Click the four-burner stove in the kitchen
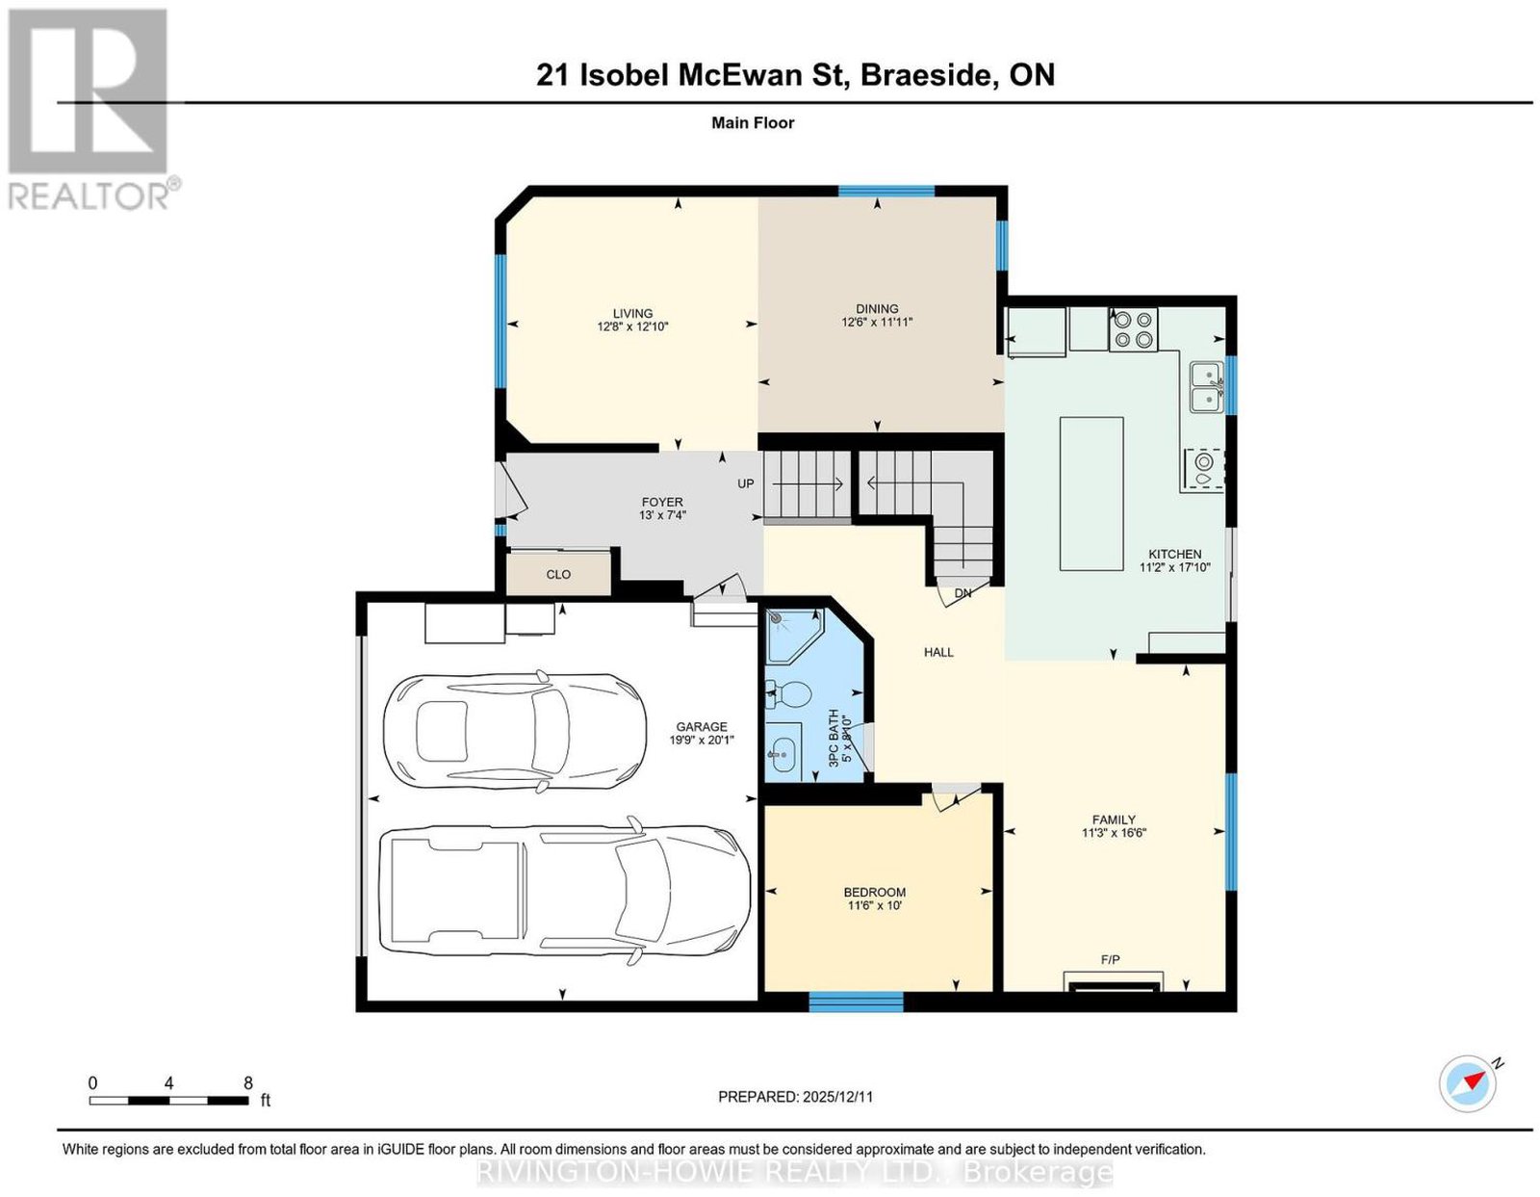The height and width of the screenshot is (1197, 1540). (x=1132, y=328)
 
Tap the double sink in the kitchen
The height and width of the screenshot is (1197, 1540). (x=1206, y=386)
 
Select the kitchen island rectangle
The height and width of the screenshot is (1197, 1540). (x=1091, y=493)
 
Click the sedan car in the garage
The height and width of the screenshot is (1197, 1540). (x=515, y=731)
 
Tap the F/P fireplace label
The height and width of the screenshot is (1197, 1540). (x=1111, y=959)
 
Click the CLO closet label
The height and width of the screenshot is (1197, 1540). (x=558, y=574)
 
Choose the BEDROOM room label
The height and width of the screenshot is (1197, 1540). (x=875, y=893)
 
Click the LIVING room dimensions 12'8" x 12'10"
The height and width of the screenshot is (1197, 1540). (x=633, y=326)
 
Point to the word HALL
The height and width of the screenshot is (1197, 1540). (x=938, y=652)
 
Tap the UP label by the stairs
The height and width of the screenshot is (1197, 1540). (x=746, y=483)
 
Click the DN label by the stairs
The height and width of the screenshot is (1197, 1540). (x=962, y=593)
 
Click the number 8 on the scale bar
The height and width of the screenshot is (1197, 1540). (x=248, y=1083)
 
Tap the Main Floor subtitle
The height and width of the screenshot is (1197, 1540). (x=753, y=122)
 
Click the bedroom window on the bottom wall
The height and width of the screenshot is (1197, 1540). (x=856, y=1002)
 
